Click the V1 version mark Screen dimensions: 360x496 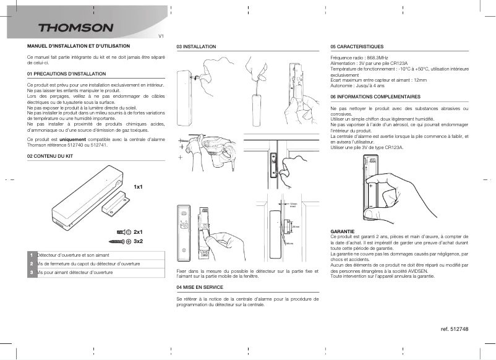(x=161, y=36)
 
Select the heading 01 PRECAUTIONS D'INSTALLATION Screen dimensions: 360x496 (x=62, y=74)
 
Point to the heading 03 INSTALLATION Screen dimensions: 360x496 (x=196, y=46)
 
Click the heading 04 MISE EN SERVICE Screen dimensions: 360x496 (x=200, y=288)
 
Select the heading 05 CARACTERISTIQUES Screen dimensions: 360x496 (x=357, y=46)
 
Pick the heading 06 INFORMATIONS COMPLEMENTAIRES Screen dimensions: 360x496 (x=375, y=97)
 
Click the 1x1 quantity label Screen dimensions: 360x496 (x=138, y=186)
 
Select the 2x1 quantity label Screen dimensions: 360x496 (x=138, y=231)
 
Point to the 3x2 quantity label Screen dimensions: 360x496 (x=138, y=241)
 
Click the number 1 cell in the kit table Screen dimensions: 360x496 (x=31, y=255)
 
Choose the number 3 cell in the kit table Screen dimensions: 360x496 (x=31, y=272)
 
